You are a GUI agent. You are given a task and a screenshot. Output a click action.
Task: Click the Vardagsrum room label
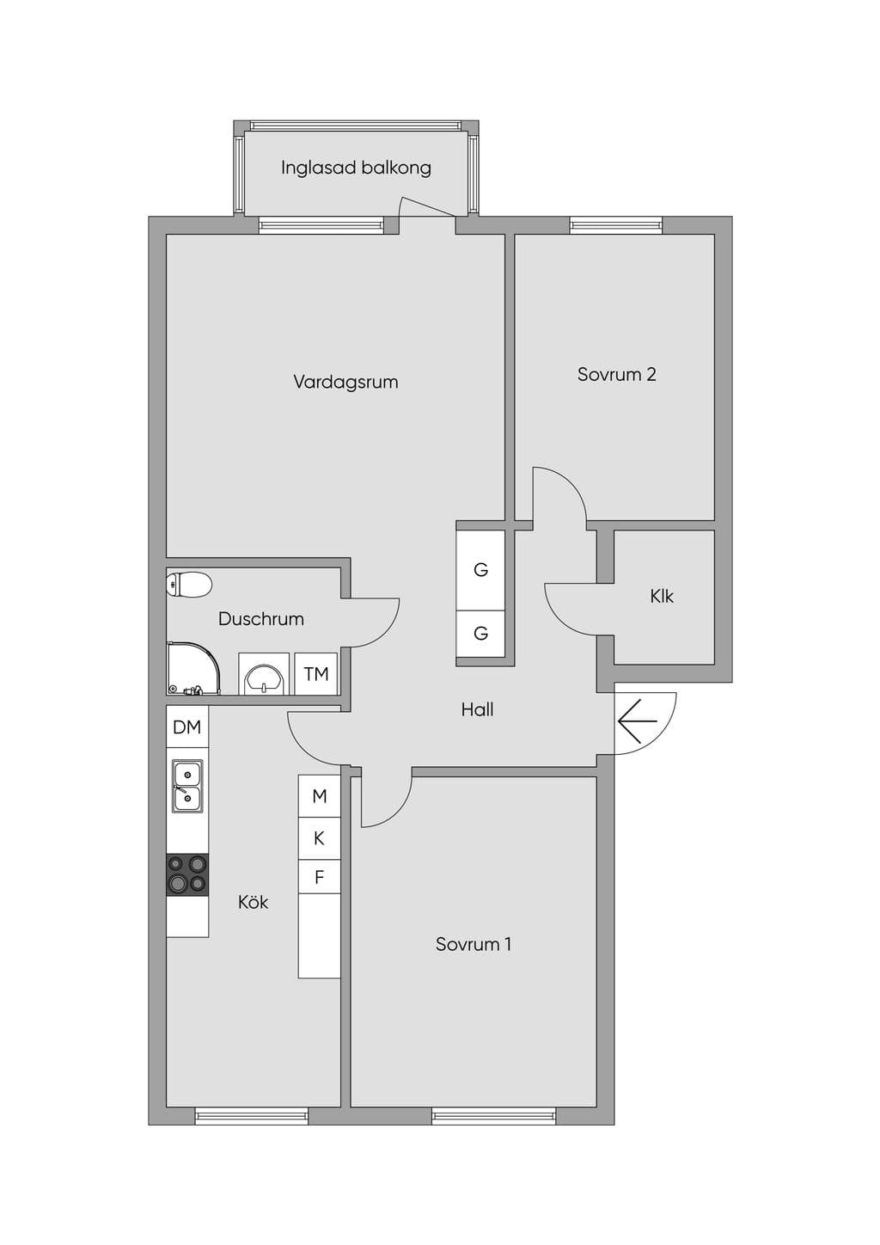[345, 383]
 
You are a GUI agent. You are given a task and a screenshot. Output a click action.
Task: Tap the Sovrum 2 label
[617, 374]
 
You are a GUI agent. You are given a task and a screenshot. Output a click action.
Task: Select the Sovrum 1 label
[474, 944]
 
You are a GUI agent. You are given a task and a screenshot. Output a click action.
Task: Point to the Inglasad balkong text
[356, 168]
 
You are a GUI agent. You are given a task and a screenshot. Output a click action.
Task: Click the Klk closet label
[662, 597]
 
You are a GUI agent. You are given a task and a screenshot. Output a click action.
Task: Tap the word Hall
[477, 709]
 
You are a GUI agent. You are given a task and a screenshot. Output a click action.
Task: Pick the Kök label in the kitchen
[253, 902]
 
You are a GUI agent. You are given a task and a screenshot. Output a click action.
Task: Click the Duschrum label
[261, 618]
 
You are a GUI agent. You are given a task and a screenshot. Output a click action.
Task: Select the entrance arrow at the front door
[637, 721]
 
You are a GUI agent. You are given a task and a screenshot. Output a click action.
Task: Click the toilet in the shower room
[189, 584]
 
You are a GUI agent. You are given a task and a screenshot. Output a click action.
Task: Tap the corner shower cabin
[193, 668]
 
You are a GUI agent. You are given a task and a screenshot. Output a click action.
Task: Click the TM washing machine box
[316, 673]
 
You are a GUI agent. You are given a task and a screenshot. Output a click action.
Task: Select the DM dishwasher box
[187, 727]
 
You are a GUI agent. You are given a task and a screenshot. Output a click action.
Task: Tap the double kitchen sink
[187, 787]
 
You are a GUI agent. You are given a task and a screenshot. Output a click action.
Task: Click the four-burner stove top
[188, 874]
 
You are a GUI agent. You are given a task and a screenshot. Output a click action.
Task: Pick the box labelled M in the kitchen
[320, 796]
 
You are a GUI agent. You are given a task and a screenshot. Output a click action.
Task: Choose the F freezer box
[320, 877]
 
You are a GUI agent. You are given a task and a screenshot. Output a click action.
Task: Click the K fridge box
[320, 838]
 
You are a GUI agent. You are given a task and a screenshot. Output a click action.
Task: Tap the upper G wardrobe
[480, 570]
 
